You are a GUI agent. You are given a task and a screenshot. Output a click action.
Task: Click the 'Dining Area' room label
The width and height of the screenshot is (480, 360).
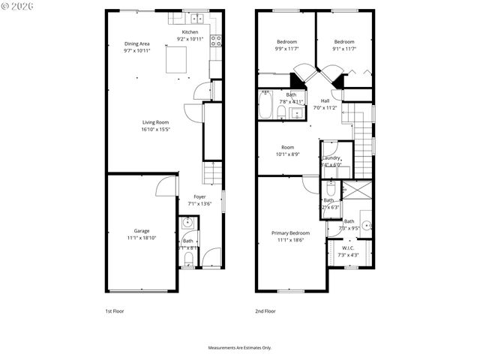[x=137, y=43]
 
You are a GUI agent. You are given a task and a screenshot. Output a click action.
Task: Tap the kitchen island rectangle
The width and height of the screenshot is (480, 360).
[x=175, y=60]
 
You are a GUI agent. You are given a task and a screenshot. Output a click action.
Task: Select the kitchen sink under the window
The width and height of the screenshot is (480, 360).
[x=199, y=19]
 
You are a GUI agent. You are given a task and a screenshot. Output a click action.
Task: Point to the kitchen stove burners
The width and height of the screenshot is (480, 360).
[x=216, y=40]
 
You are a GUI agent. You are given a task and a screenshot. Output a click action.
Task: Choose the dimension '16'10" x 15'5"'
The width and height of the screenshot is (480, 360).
[x=156, y=129]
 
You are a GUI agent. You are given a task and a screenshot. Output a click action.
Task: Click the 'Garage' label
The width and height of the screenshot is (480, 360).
[x=142, y=230]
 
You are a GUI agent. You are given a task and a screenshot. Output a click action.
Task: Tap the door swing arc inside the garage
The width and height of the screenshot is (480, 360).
[x=166, y=187]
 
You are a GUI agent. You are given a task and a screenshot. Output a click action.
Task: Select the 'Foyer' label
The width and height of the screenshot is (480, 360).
[x=201, y=196]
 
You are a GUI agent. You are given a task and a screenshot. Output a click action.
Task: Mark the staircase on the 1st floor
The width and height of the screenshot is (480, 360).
[x=214, y=173]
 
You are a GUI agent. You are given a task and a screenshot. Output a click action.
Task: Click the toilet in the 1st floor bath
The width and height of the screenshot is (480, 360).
[x=188, y=259]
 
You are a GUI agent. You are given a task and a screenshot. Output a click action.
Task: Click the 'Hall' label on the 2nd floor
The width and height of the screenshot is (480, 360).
[x=325, y=100]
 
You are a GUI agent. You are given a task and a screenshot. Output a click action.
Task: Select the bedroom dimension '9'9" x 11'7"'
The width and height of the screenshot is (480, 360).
[x=286, y=49]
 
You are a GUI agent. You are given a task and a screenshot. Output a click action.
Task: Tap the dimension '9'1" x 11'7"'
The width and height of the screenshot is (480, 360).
[x=343, y=49]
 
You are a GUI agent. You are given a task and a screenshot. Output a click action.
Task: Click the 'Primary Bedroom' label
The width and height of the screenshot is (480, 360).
[x=290, y=233]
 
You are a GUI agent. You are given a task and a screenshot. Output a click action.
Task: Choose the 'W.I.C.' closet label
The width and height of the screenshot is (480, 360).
[x=349, y=248]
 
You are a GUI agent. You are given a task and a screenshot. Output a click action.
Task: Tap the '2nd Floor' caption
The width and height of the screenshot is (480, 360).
[x=265, y=310]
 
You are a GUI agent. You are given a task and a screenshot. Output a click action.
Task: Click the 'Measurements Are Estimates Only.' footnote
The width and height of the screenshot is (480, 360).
[x=239, y=347]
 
